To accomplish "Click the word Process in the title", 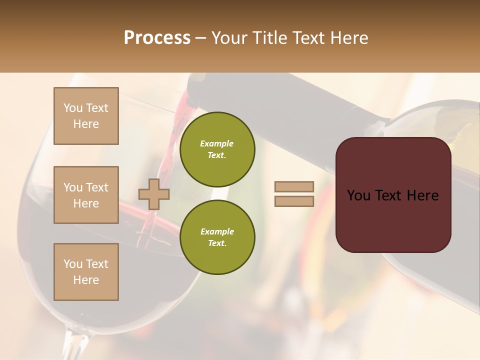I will [x=157, y=38].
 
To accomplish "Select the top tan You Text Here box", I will [x=86, y=116].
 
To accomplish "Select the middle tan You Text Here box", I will [x=86, y=195].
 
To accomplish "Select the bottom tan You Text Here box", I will [x=86, y=271].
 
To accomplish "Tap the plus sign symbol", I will [x=154, y=194].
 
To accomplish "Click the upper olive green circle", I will [x=217, y=149].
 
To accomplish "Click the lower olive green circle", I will [x=217, y=237].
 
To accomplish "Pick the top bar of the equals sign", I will [x=294, y=186].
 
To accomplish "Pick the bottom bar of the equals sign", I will [x=294, y=201].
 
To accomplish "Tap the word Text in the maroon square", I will [x=393, y=195].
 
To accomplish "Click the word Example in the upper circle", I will [x=217, y=143].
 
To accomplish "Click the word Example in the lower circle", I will [x=217, y=231].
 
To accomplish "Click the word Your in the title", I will [x=228, y=38].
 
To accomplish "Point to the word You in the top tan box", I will [x=72, y=108].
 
